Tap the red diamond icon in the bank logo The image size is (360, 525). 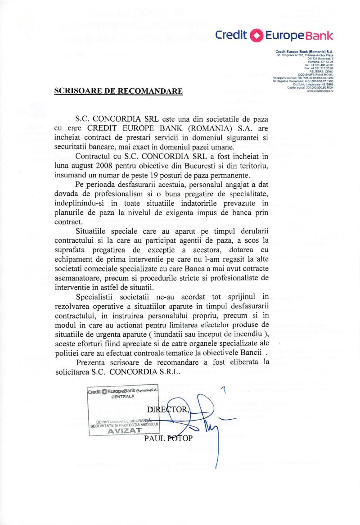point(256,35)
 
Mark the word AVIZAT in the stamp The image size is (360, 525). point(122,430)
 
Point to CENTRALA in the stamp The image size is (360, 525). point(122,397)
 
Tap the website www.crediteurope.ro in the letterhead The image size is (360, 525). point(320,91)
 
